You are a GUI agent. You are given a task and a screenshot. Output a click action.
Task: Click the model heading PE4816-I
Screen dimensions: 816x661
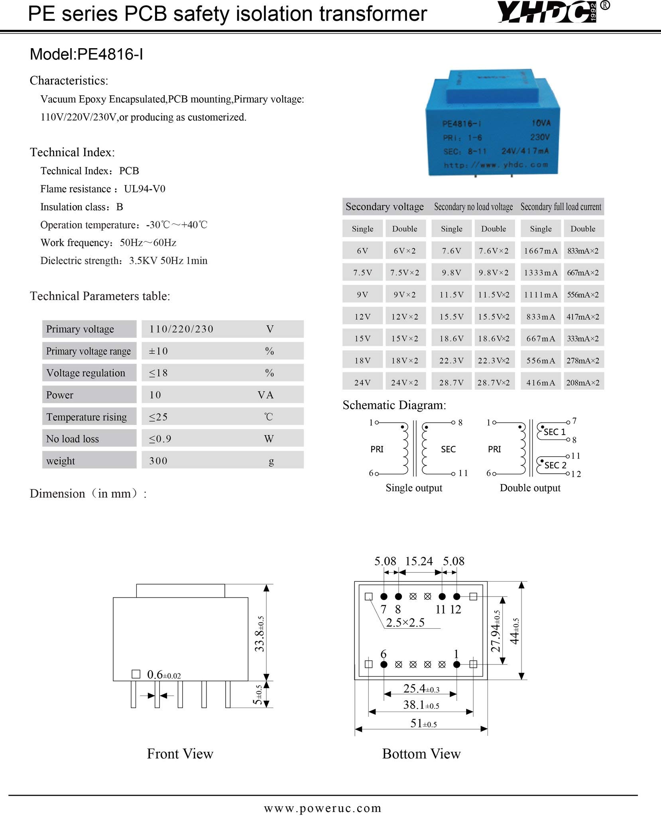(87, 55)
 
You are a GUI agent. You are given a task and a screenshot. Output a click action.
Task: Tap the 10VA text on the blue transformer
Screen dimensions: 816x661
(540, 123)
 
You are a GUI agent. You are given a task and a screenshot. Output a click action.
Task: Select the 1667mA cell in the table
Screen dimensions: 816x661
(541, 251)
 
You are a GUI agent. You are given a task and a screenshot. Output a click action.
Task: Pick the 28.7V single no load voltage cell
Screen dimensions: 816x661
(451, 382)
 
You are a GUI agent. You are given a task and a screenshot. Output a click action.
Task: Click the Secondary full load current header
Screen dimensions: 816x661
(561, 207)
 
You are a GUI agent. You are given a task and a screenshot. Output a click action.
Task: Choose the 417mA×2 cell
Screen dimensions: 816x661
(582, 317)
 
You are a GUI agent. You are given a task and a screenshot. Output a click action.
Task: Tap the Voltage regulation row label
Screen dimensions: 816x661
(86, 373)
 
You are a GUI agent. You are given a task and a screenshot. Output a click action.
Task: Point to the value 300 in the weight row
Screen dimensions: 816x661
(158, 461)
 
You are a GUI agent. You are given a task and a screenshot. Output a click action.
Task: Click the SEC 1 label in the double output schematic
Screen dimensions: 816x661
(555, 432)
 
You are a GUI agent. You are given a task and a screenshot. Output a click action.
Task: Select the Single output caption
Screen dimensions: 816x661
(414, 488)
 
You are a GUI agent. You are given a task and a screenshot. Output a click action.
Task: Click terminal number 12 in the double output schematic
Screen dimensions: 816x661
(576, 474)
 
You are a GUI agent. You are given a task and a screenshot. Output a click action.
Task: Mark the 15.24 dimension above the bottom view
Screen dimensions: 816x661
(419, 561)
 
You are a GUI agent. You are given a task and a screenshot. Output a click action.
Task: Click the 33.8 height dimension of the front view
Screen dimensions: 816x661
(260, 634)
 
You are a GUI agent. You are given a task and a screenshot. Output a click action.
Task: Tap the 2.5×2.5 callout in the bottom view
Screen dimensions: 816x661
(405, 622)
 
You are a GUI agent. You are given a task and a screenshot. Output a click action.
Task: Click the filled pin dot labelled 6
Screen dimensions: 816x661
(384, 664)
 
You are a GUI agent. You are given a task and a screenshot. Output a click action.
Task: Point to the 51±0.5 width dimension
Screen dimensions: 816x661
(423, 723)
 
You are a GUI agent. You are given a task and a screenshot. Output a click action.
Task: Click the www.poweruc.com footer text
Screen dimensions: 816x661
(323, 808)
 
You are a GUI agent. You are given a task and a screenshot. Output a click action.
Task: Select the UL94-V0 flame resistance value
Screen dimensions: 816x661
(144, 189)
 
